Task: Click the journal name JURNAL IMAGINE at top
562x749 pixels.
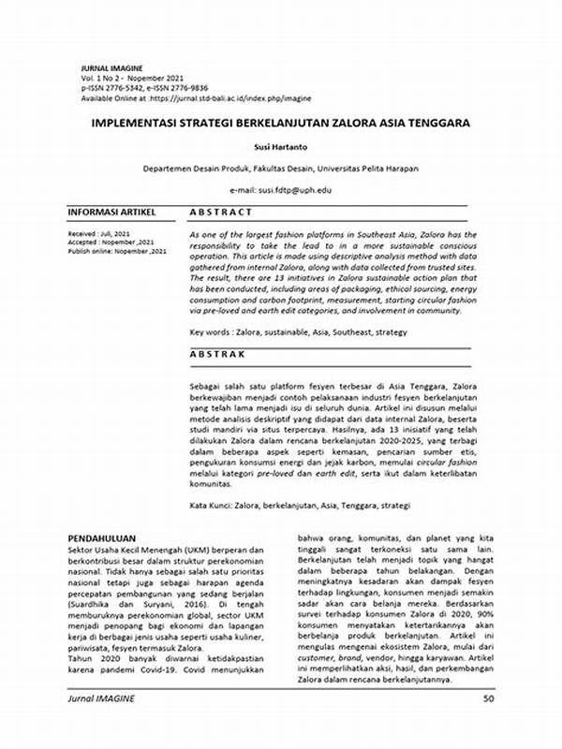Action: [x=111, y=68]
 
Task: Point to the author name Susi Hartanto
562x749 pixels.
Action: [x=281, y=148]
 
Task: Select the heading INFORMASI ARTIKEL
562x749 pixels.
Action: [x=111, y=213]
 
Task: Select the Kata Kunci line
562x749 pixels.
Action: [x=300, y=506]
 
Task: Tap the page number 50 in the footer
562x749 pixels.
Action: [x=488, y=725]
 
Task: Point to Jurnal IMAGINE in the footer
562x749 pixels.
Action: [x=101, y=725]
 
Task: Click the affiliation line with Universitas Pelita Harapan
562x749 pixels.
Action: [x=281, y=169]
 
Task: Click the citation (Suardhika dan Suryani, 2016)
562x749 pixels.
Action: [x=122, y=606]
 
